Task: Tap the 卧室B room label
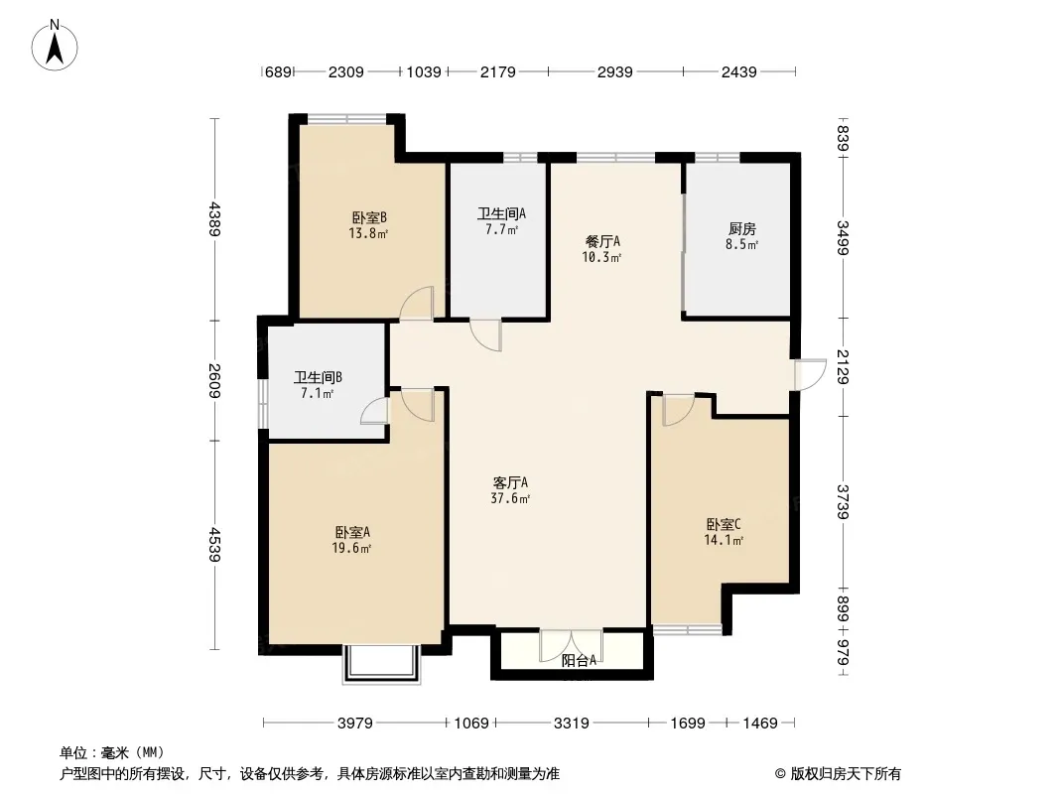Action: [x=369, y=218]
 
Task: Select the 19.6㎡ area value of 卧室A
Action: [x=351, y=548]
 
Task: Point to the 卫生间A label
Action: [x=501, y=213]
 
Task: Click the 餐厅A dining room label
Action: [x=602, y=241]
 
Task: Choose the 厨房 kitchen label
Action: [x=741, y=229]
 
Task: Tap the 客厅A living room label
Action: [x=510, y=483]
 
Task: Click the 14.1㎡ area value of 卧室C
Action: [x=724, y=540]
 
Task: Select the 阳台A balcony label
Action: [x=579, y=661]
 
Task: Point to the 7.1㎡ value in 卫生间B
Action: [x=318, y=393]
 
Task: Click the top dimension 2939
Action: [x=614, y=71]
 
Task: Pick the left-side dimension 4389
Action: [x=214, y=218]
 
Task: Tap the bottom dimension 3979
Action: [x=355, y=724]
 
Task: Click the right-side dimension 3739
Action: [x=842, y=502]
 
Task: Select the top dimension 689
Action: [x=278, y=71]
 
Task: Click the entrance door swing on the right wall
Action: [x=810, y=374]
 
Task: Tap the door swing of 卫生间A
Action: [x=485, y=335]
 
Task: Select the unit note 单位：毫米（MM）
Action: [x=111, y=752]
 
